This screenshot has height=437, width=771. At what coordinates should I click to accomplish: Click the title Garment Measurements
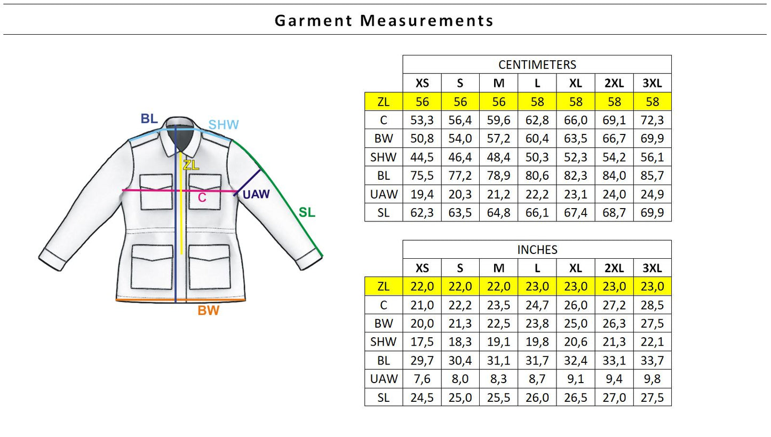384,21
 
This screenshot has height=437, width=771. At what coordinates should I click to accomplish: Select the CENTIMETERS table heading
537,65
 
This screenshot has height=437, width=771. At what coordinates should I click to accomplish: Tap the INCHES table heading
537,250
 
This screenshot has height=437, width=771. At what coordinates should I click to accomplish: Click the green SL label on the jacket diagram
307,212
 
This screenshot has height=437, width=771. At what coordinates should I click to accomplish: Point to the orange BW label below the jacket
208,311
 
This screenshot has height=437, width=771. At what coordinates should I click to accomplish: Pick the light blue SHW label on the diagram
224,124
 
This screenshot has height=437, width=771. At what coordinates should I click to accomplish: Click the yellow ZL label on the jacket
191,165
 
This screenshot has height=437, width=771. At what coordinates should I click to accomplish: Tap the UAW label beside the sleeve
256,194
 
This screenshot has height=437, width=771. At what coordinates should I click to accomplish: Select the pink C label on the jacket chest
202,197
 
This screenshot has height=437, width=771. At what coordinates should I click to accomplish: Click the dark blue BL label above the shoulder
149,118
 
